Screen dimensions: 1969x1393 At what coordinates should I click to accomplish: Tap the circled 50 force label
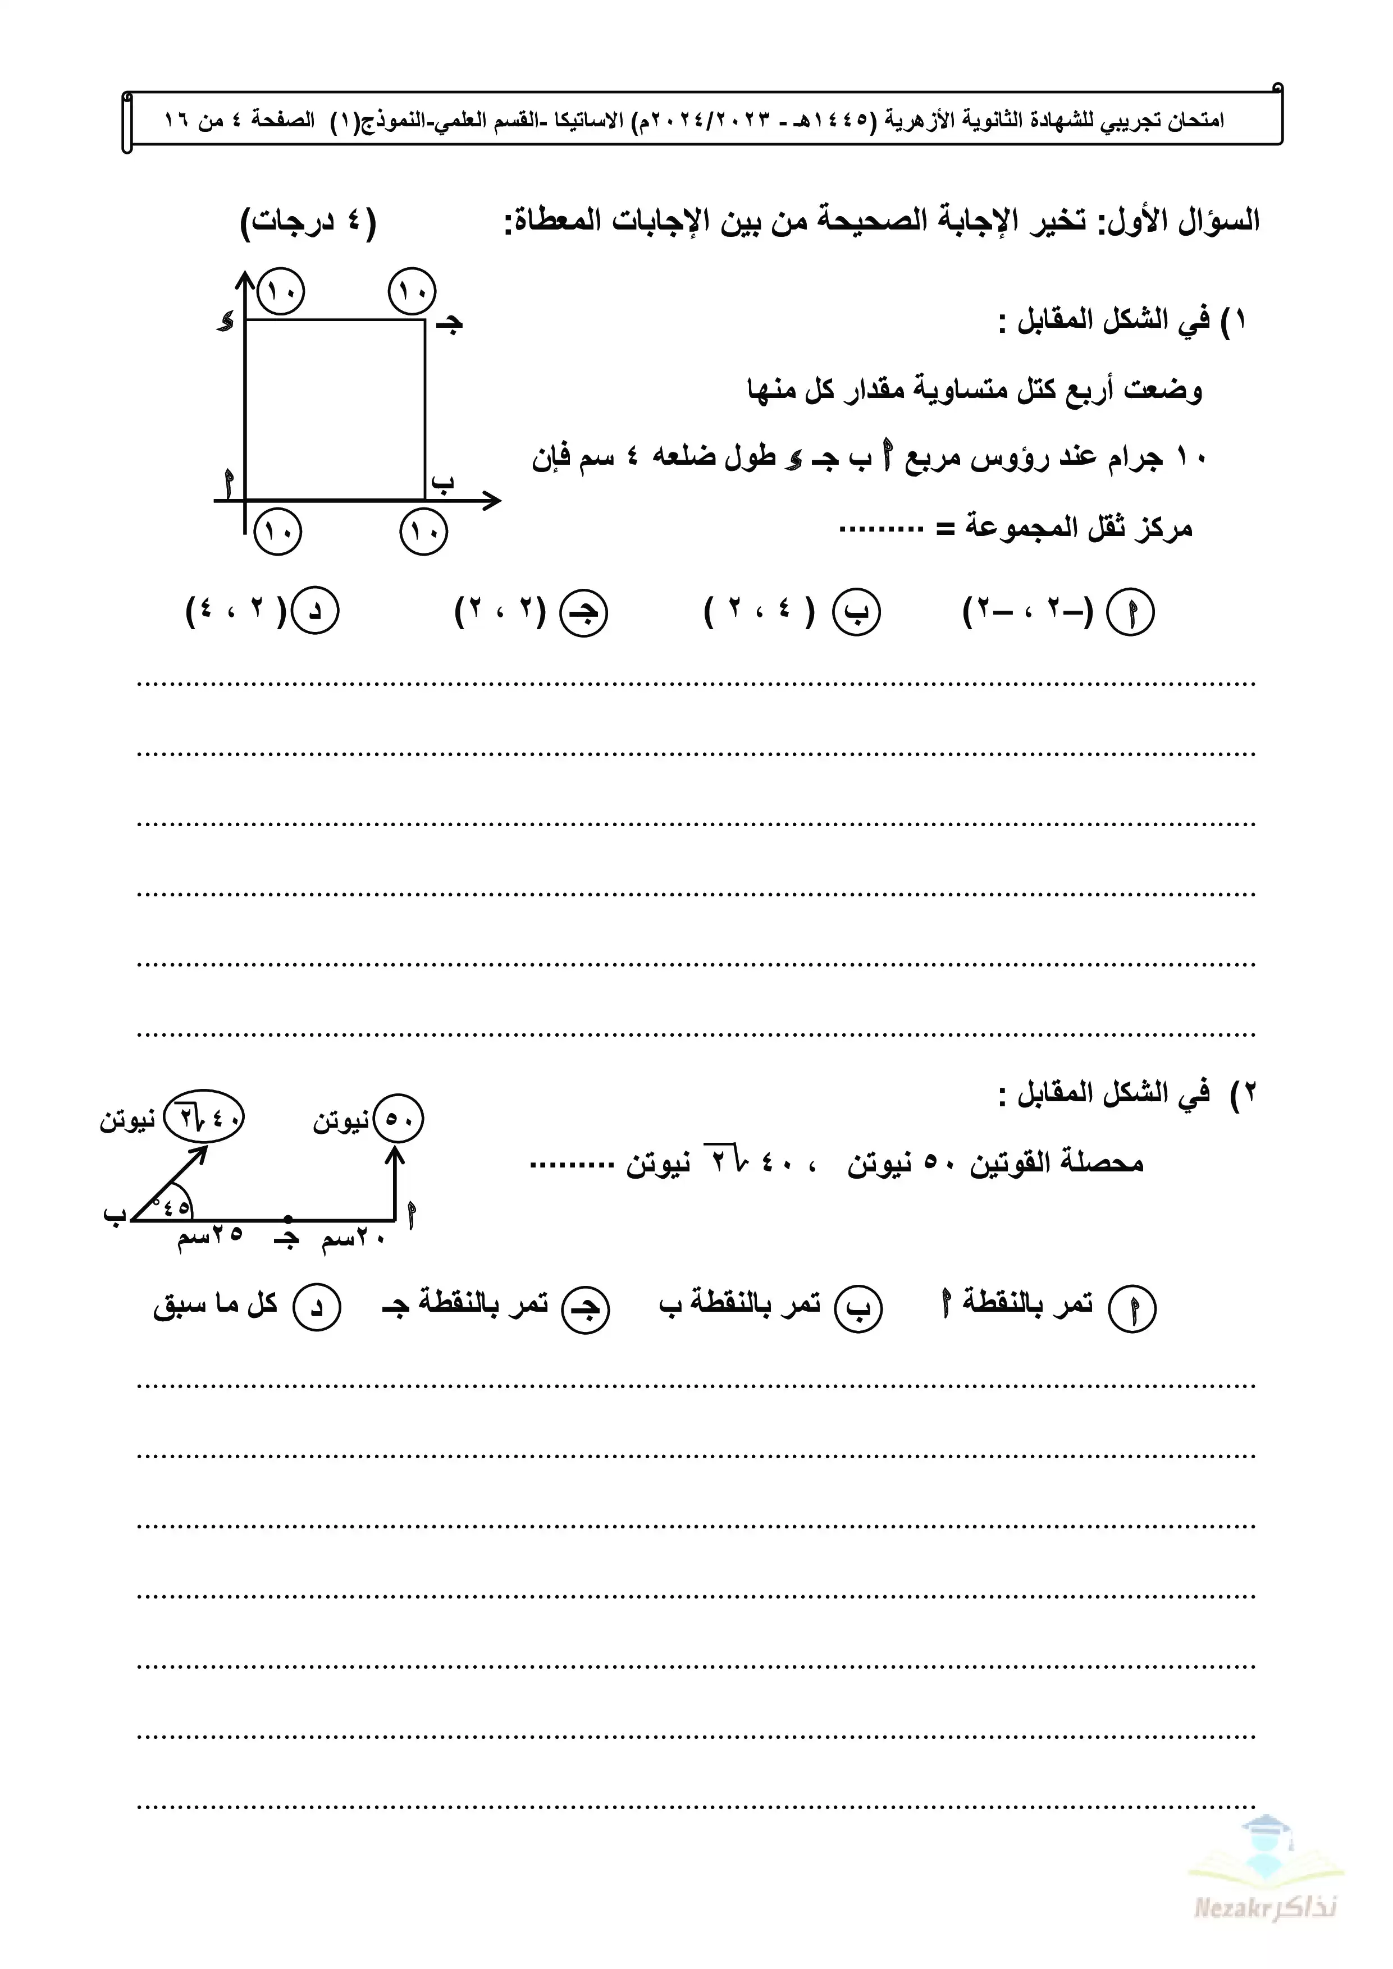tap(399, 1119)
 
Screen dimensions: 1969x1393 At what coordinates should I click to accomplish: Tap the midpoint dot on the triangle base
tap(288, 1218)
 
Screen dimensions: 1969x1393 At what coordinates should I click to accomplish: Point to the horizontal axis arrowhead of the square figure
tap(492, 500)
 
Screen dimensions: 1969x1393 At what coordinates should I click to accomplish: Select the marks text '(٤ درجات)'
tap(309, 223)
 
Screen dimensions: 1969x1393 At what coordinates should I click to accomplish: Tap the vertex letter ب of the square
tap(442, 483)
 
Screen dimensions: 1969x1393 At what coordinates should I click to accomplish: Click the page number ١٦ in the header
tap(177, 120)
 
